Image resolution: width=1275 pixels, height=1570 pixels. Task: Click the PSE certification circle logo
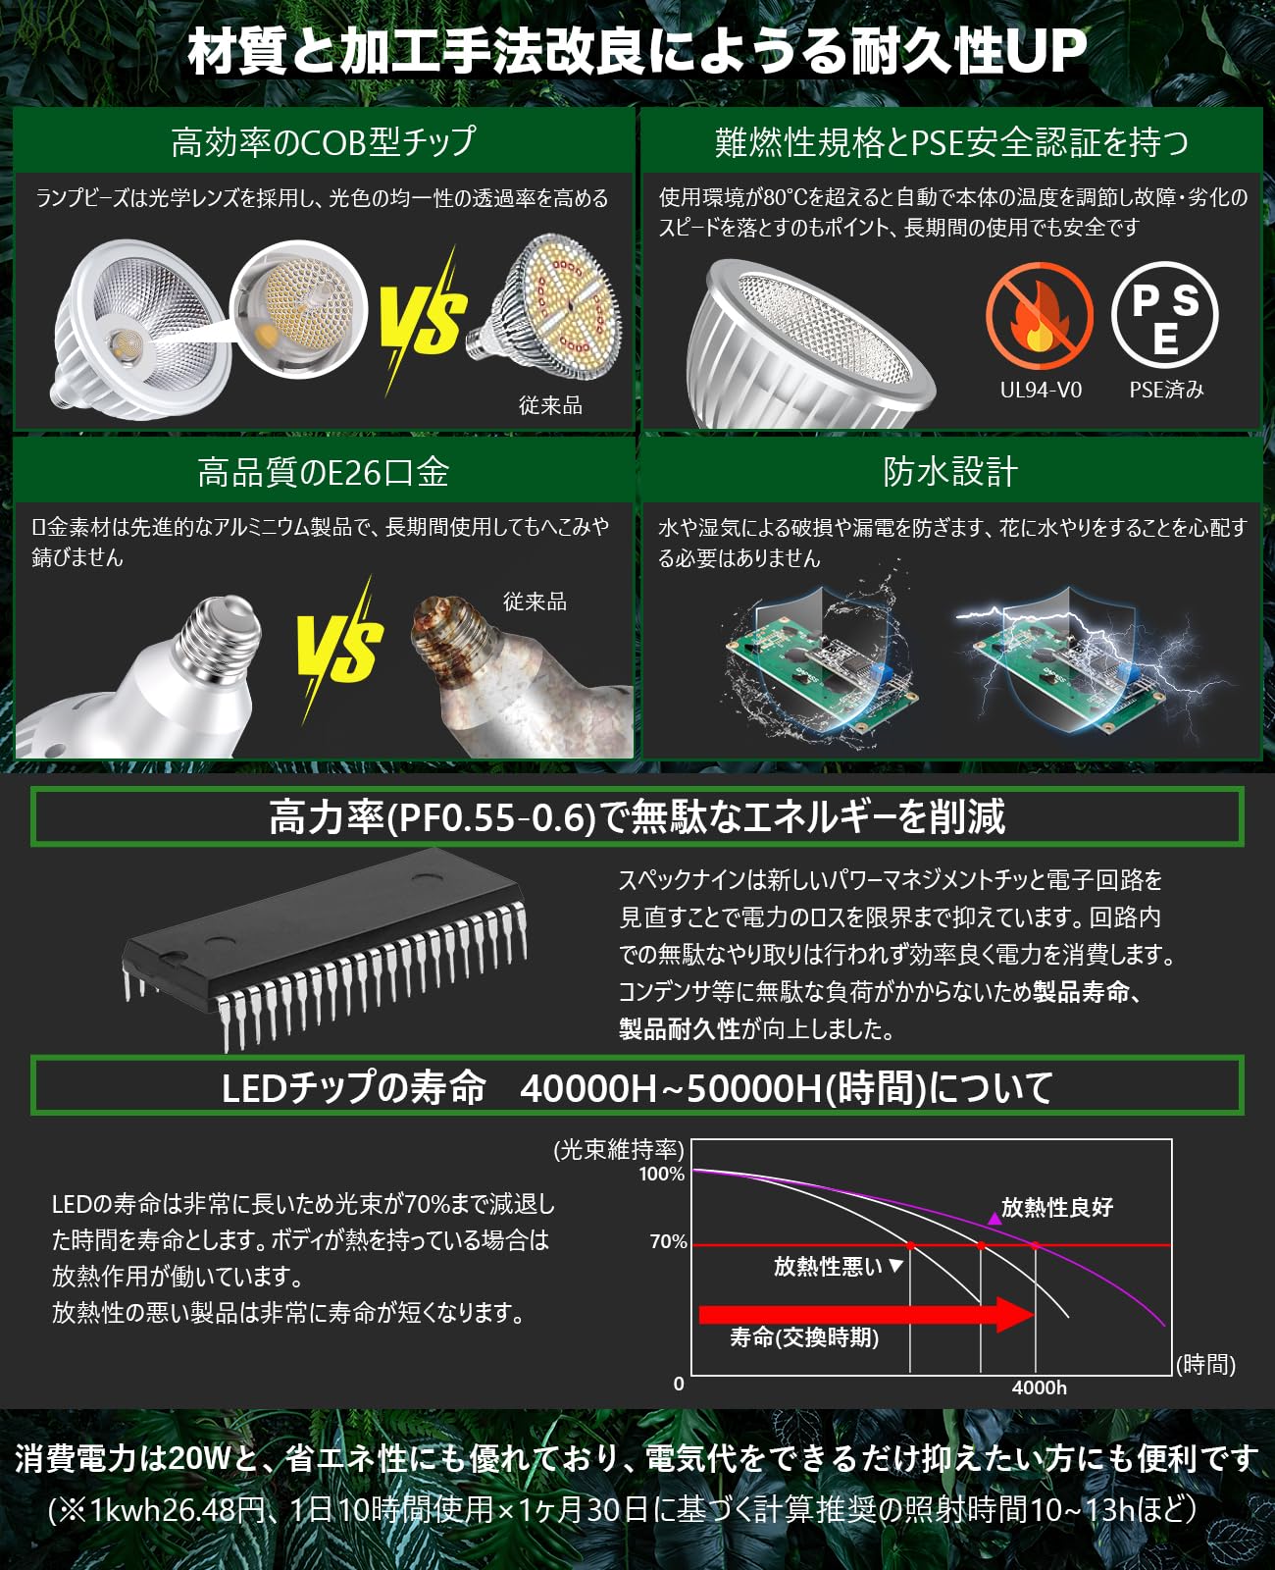1164,315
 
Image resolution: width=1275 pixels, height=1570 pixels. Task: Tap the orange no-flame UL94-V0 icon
1039,316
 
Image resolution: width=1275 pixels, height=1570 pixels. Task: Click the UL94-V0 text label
1040,390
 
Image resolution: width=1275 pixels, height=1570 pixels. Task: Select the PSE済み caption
1166,390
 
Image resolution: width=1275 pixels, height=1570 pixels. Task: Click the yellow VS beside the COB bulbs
423,316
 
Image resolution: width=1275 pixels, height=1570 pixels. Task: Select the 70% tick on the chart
668,1242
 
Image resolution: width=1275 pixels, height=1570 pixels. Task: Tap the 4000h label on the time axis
1039,1387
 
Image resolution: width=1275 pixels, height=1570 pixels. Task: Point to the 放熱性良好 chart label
1056,1208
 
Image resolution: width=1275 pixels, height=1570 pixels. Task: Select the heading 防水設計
949,472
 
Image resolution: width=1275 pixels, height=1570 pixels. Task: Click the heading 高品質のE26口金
323,473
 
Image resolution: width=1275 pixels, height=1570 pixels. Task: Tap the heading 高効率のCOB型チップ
323,142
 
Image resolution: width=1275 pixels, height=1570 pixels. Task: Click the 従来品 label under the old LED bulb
550,405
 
